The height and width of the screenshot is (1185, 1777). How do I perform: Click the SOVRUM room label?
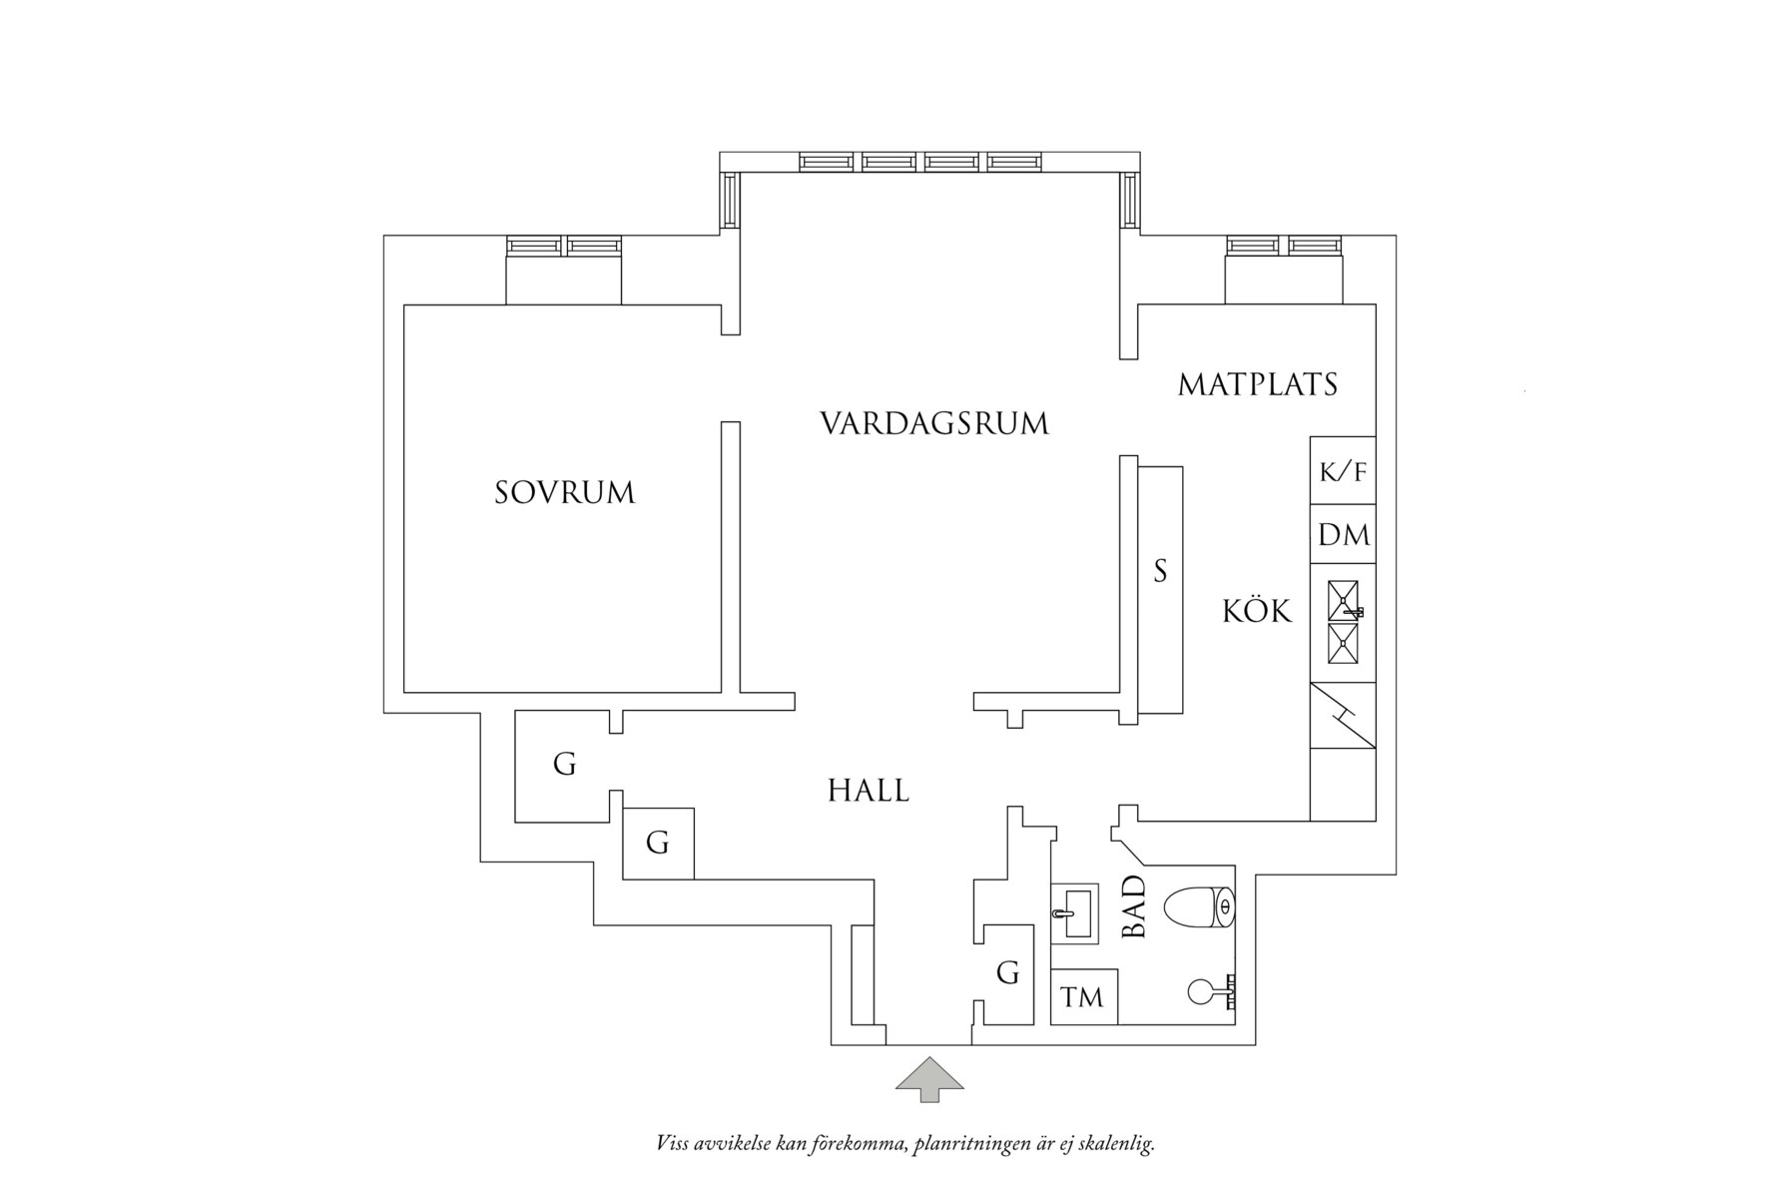565,493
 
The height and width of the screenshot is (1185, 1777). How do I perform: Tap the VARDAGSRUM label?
934,423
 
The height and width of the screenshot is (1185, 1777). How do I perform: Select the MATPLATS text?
1258,384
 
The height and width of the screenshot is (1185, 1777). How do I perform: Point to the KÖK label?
1258,610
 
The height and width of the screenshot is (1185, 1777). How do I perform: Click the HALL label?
869,791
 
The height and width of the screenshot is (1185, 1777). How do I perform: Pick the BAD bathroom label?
1135,907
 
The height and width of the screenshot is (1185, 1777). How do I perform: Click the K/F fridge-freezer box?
1343,471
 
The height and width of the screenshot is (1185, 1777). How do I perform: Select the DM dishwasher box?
1343,535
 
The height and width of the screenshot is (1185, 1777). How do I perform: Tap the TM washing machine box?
1083,997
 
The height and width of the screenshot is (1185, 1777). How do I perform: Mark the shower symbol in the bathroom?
1214,990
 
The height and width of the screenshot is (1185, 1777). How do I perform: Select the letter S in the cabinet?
1160,571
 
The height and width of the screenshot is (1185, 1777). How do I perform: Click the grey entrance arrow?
929,1079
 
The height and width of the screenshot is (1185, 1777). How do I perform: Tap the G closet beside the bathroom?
1007,972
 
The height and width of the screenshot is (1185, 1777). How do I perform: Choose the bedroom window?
564,246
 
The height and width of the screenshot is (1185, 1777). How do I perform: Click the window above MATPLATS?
1284,246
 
